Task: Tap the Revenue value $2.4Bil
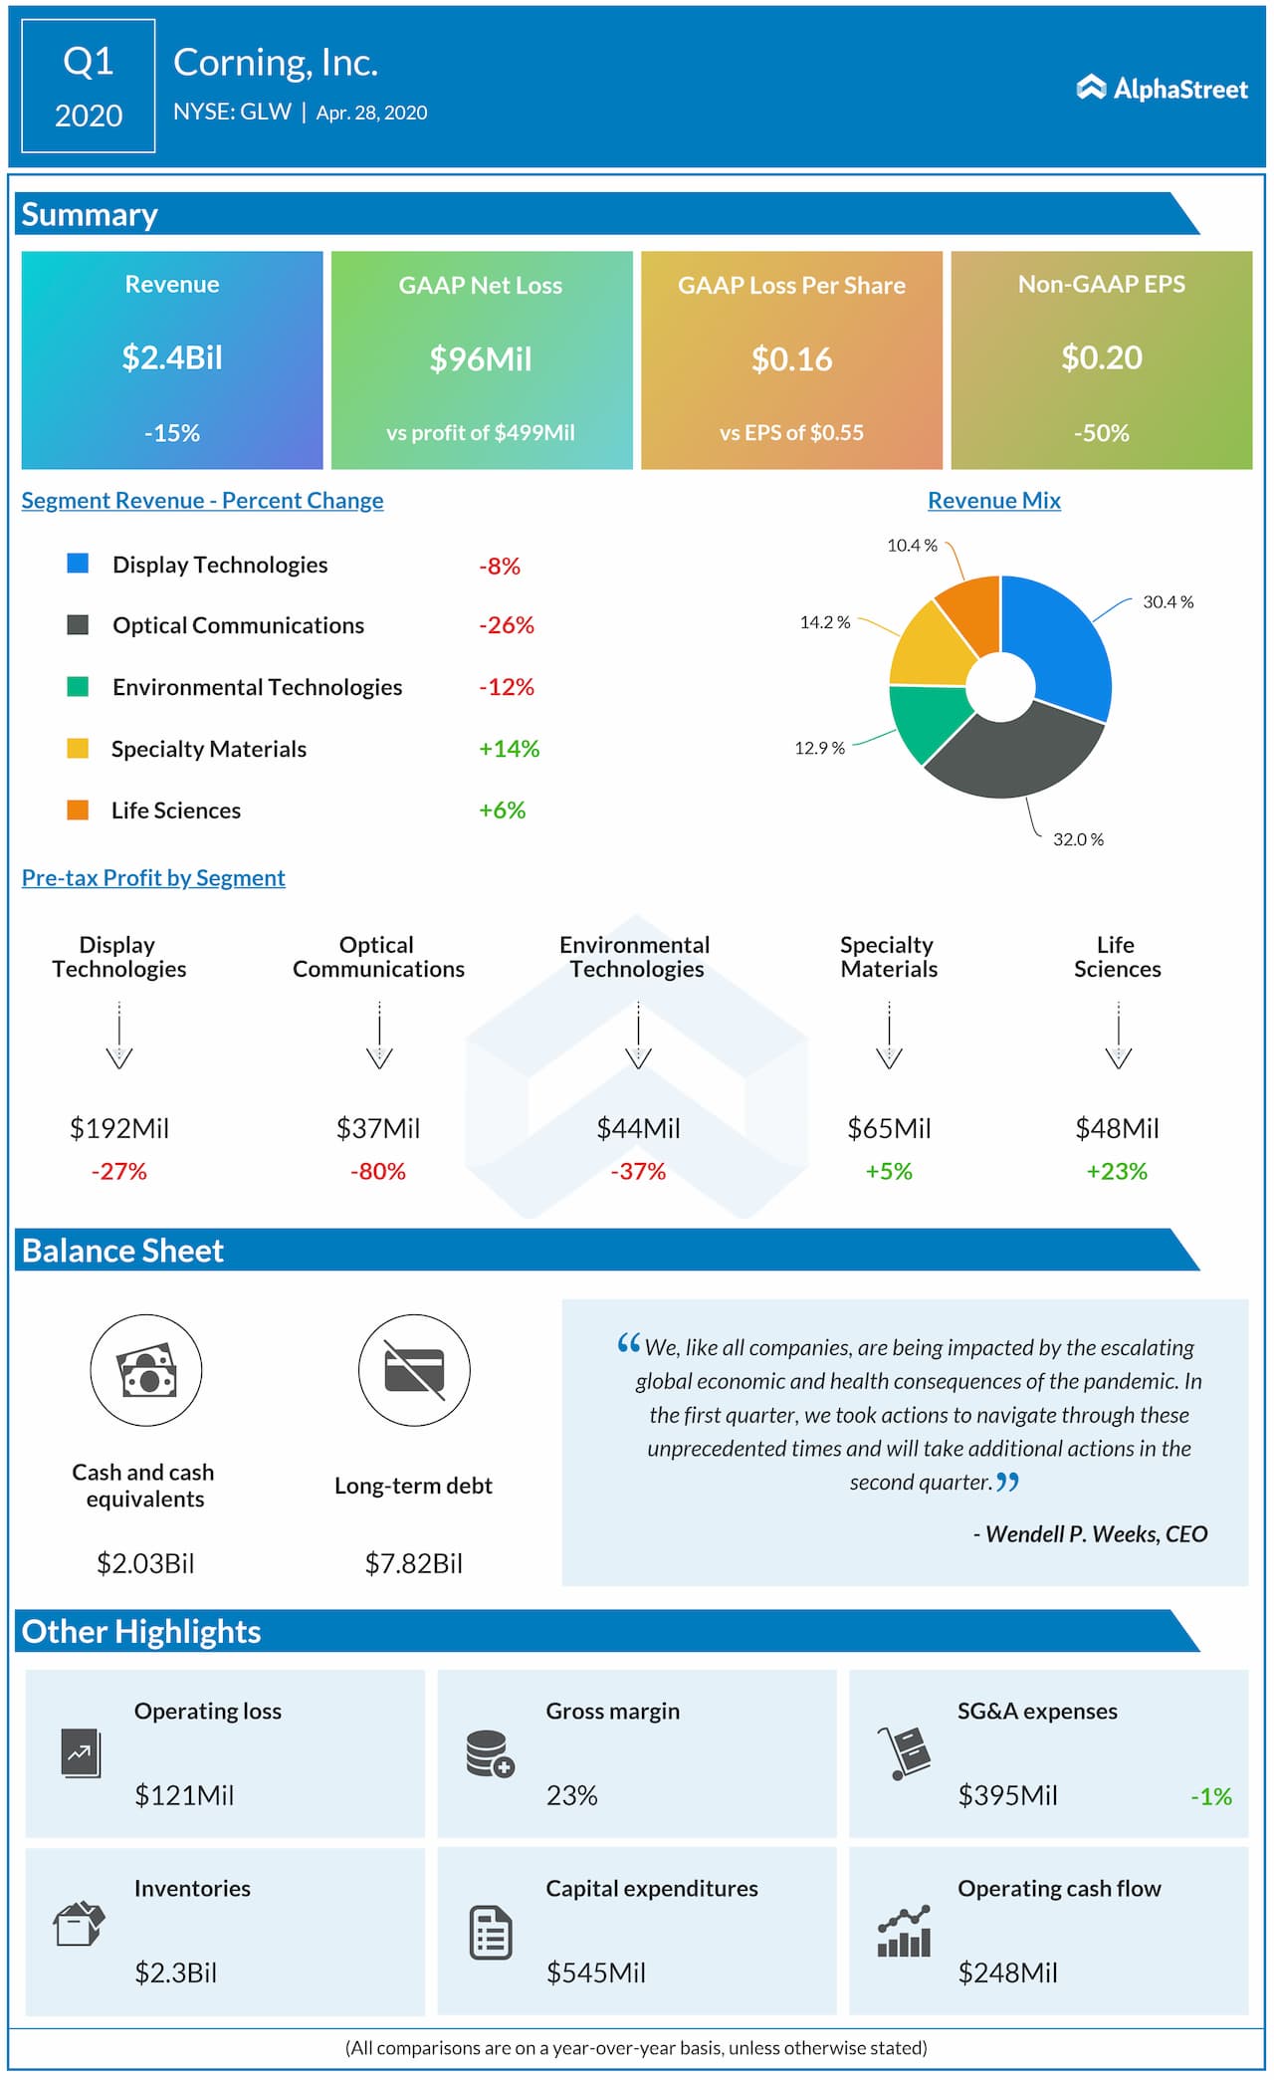pos(172,357)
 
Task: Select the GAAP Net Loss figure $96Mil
pos(481,358)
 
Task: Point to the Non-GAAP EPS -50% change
pos(1101,433)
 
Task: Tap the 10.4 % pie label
pos(912,546)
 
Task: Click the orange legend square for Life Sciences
pos(78,809)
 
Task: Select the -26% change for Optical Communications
pos(507,625)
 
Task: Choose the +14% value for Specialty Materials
pos(509,749)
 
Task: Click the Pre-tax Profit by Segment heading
pos(153,877)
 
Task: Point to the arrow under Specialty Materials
pos(889,1037)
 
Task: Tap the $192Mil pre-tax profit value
pos(119,1128)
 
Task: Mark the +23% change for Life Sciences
pos(1117,1171)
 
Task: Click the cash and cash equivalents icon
pos(146,1370)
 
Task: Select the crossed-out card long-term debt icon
pos(414,1370)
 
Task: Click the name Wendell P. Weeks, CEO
pos(1091,1534)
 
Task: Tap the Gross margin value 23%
pos(571,1795)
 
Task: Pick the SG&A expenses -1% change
pos(1210,1796)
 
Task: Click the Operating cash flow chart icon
pos(904,1931)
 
